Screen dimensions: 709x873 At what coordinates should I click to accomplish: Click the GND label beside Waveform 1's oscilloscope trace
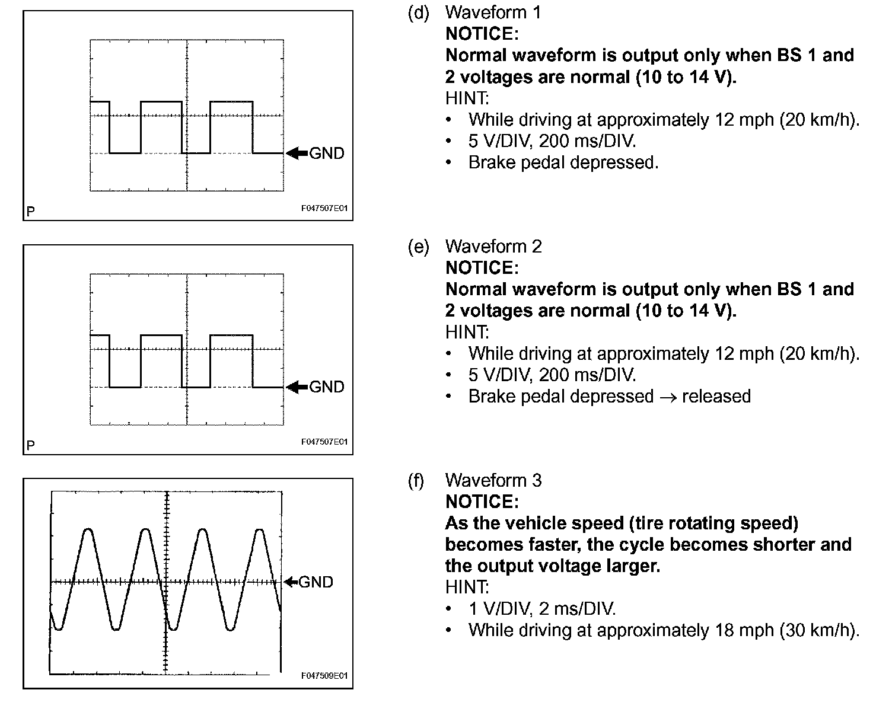pos(327,154)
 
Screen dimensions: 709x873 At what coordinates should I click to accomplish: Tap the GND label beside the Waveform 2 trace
pos(327,387)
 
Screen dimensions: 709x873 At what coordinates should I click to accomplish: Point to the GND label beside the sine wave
pos(316,582)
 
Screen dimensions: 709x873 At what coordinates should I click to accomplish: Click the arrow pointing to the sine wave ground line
pos(291,582)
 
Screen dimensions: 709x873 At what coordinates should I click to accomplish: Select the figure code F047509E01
pos(324,676)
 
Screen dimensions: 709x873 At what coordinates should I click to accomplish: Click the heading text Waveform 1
pos(493,12)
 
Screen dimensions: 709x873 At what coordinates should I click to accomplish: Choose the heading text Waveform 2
pos(493,246)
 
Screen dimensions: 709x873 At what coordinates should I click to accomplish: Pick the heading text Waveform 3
pos(493,480)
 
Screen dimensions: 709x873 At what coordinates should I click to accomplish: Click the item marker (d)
pos(418,12)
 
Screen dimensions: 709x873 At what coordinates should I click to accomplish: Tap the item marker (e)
pos(418,246)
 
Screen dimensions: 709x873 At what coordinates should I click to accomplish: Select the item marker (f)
pos(416,480)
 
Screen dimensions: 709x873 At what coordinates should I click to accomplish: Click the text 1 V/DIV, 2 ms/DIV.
pos(542,609)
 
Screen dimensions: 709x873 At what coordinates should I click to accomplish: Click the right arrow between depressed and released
pos(667,397)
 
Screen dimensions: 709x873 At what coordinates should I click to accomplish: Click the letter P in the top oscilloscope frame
pos(31,211)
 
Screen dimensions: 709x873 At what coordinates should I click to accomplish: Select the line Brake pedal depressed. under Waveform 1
pos(563,162)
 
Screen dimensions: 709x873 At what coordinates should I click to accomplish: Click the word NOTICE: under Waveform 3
pos(482,502)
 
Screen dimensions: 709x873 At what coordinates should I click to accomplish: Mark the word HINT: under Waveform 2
pos(467,332)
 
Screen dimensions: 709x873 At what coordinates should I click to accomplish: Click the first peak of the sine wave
pos(88,529)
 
